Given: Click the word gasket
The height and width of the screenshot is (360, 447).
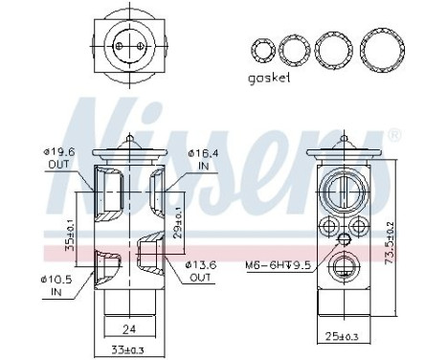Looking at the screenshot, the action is (269, 78).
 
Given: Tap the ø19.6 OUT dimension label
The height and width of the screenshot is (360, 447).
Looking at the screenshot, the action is (59, 158).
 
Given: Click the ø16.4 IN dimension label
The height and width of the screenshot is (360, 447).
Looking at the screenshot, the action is (203, 160).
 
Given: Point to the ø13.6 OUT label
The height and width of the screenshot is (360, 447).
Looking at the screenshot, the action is (201, 271).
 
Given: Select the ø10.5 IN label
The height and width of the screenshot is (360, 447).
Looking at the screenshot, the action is (56, 285).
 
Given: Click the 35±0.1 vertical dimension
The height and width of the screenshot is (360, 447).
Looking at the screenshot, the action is (70, 236).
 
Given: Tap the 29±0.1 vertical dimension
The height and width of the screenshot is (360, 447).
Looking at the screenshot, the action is (179, 222).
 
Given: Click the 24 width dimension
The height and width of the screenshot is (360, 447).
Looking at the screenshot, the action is (129, 328).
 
